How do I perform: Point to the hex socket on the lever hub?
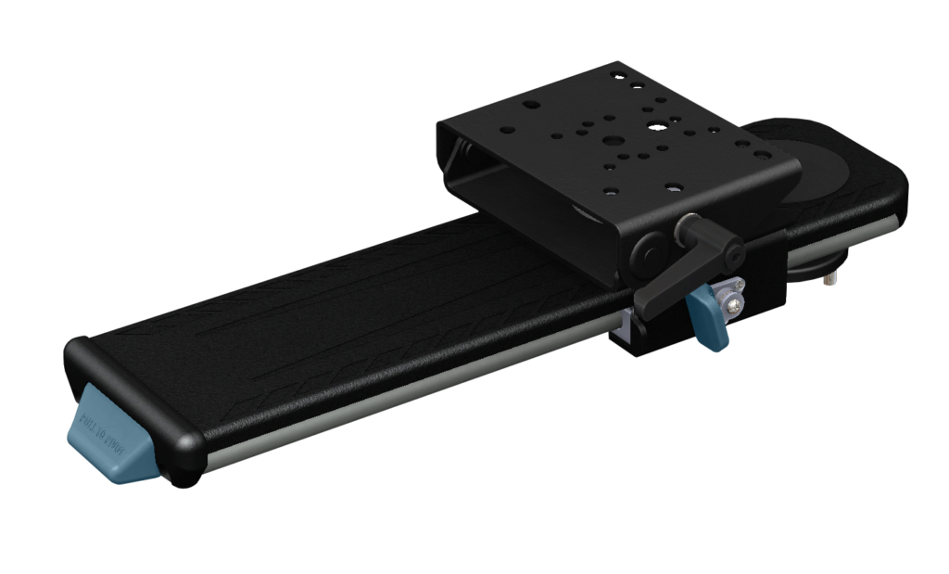[733, 249]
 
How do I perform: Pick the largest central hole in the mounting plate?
[612, 141]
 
